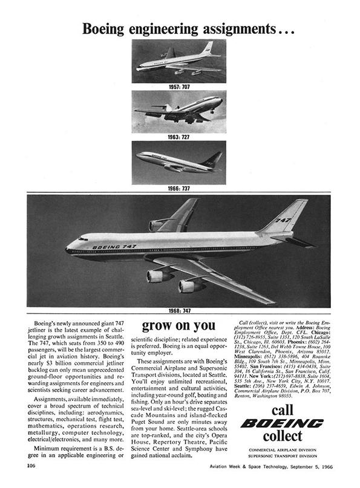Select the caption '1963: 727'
[179, 137]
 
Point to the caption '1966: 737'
[179, 188]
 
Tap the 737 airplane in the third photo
[178, 161]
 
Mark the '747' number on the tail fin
[283, 220]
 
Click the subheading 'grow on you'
[179, 327]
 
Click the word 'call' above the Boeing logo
[282, 408]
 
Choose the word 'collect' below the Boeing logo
[282, 438]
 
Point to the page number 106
[31, 466]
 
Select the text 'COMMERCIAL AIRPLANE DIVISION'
[282, 451]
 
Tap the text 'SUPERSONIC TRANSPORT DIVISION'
[282, 457]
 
